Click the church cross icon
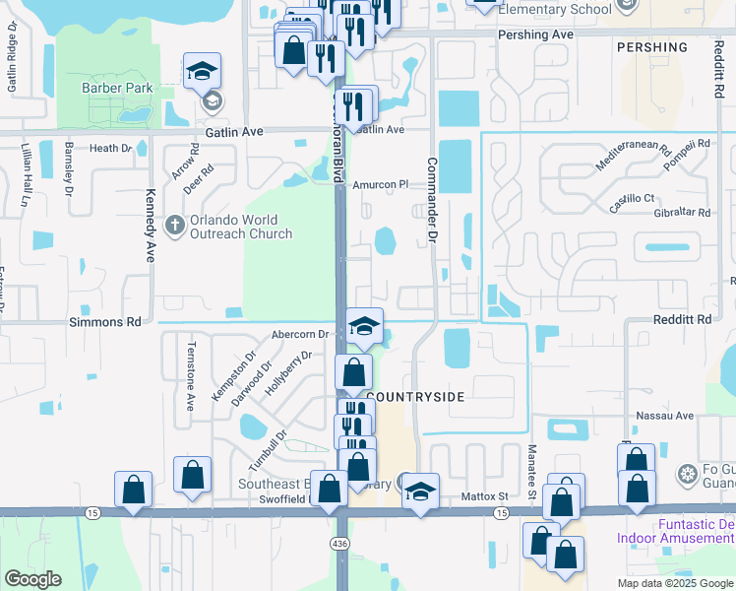pos(174,227)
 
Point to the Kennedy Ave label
pos(151,225)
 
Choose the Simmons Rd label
pos(105,322)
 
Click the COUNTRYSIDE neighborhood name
pos(415,396)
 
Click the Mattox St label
pos(484,497)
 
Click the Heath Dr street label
pos(110,149)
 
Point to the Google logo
pos(33,578)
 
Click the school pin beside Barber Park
pos(202,71)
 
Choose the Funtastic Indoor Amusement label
pos(676,531)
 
